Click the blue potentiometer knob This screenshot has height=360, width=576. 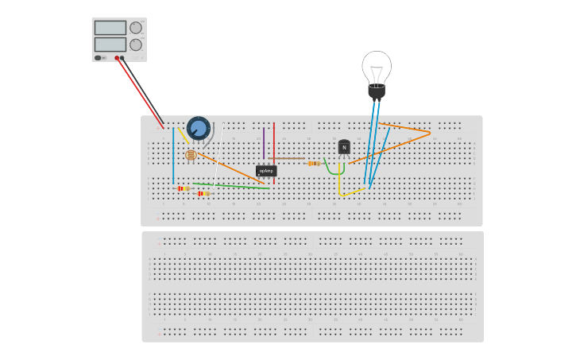point(198,127)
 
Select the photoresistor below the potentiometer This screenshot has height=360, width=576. point(191,155)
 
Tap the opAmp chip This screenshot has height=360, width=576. point(266,170)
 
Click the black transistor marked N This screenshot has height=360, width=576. point(344,147)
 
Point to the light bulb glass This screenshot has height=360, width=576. point(377,67)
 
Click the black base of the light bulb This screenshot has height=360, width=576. point(377,91)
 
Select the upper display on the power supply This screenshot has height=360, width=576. point(110,28)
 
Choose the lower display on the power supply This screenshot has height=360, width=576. point(110,45)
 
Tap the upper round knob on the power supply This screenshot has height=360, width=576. point(136,28)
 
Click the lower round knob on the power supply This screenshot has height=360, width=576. point(136,45)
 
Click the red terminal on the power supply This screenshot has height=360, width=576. point(117,58)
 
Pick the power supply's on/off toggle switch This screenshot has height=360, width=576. point(99,58)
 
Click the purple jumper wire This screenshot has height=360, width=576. point(264,143)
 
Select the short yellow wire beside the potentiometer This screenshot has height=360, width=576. point(184,137)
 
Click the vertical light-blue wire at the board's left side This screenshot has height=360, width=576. point(173,155)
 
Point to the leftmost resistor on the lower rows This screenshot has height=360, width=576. point(184,188)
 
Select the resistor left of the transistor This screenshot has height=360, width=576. point(314,164)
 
